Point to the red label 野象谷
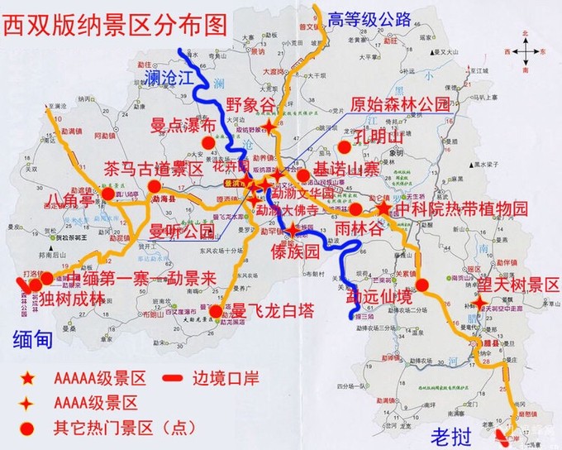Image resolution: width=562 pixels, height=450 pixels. [x=250, y=106]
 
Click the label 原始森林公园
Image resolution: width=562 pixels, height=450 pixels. [x=400, y=105]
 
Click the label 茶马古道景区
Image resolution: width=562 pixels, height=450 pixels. [x=153, y=170]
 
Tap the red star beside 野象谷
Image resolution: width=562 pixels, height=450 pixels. [x=272, y=125]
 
